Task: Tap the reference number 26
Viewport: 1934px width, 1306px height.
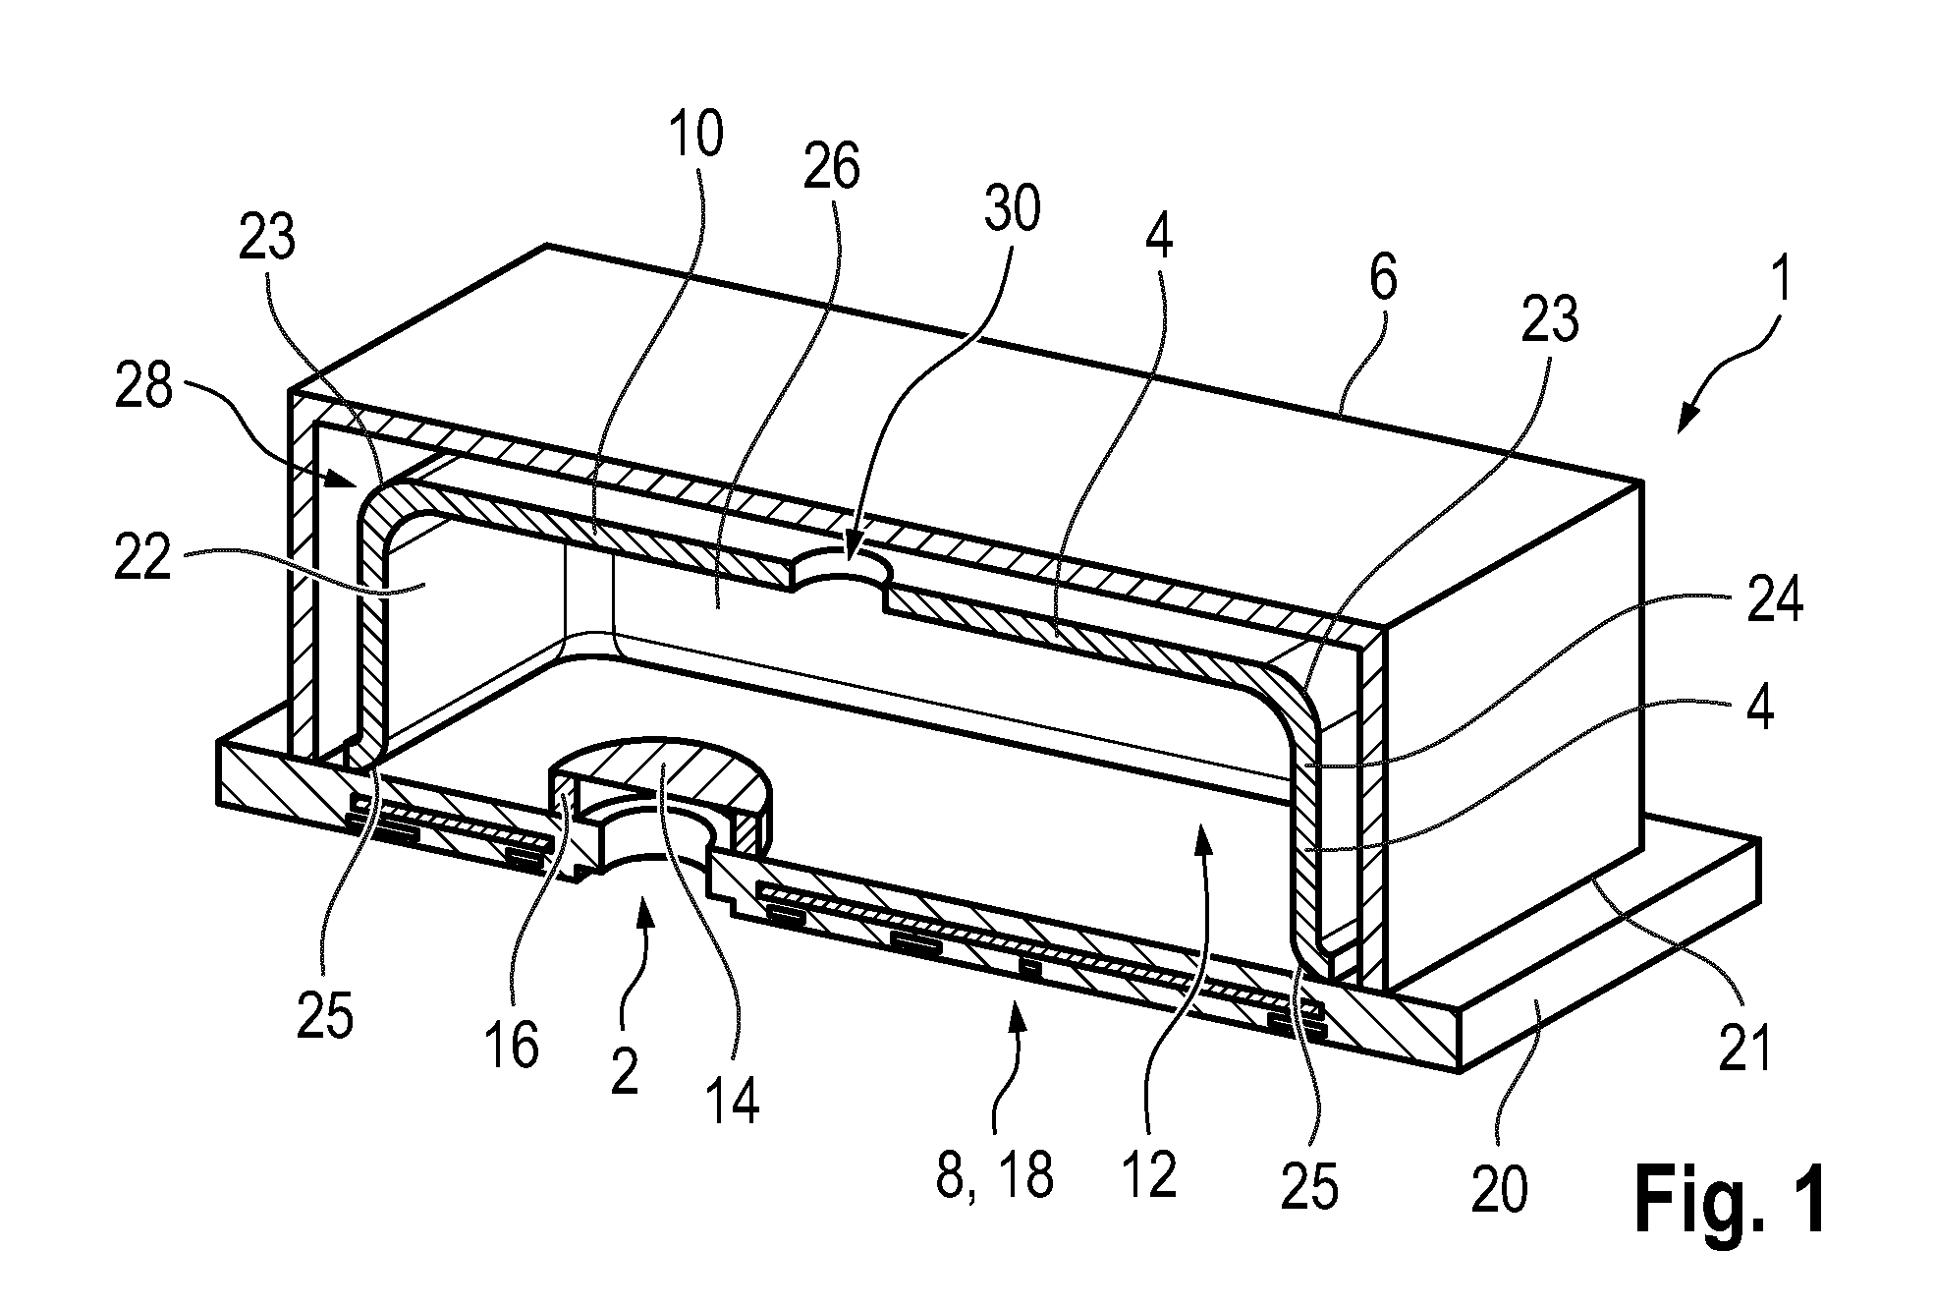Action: [x=831, y=166]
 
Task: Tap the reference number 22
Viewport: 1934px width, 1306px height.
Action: [x=143, y=562]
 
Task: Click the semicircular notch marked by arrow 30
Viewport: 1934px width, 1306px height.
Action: [x=841, y=568]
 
